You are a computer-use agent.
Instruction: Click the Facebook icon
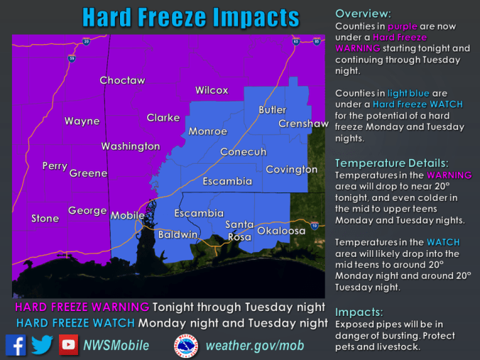click(16, 344)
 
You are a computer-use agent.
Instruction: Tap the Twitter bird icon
click(42, 344)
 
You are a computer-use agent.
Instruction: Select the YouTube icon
click(68, 344)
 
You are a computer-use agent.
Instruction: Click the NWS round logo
click(186, 345)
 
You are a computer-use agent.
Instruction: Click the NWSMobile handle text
click(116, 346)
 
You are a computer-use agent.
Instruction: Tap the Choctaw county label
click(122, 80)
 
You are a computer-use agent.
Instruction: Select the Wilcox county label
click(212, 90)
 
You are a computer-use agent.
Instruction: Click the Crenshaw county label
click(303, 124)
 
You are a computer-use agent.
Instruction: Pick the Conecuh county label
click(243, 152)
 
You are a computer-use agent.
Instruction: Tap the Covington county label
click(291, 170)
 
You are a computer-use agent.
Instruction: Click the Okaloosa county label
click(280, 231)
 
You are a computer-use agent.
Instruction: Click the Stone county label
click(45, 219)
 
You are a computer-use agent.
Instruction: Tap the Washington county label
click(131, 146)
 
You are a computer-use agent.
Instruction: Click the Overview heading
click(362, 13)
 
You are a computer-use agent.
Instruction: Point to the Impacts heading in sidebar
click(359, 312)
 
